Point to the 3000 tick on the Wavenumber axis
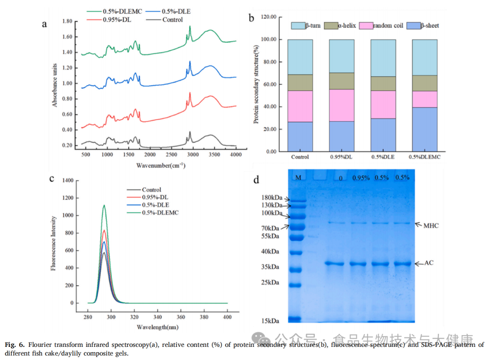tap(193, 155)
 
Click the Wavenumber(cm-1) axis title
tap(161, 166)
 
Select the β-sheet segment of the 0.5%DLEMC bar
tap(424, 129)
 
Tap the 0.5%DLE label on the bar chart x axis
tap(383, 157)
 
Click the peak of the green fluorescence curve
tap(104, 205)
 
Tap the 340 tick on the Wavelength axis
tap(157, 311)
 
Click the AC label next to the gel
tap(429, 263)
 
